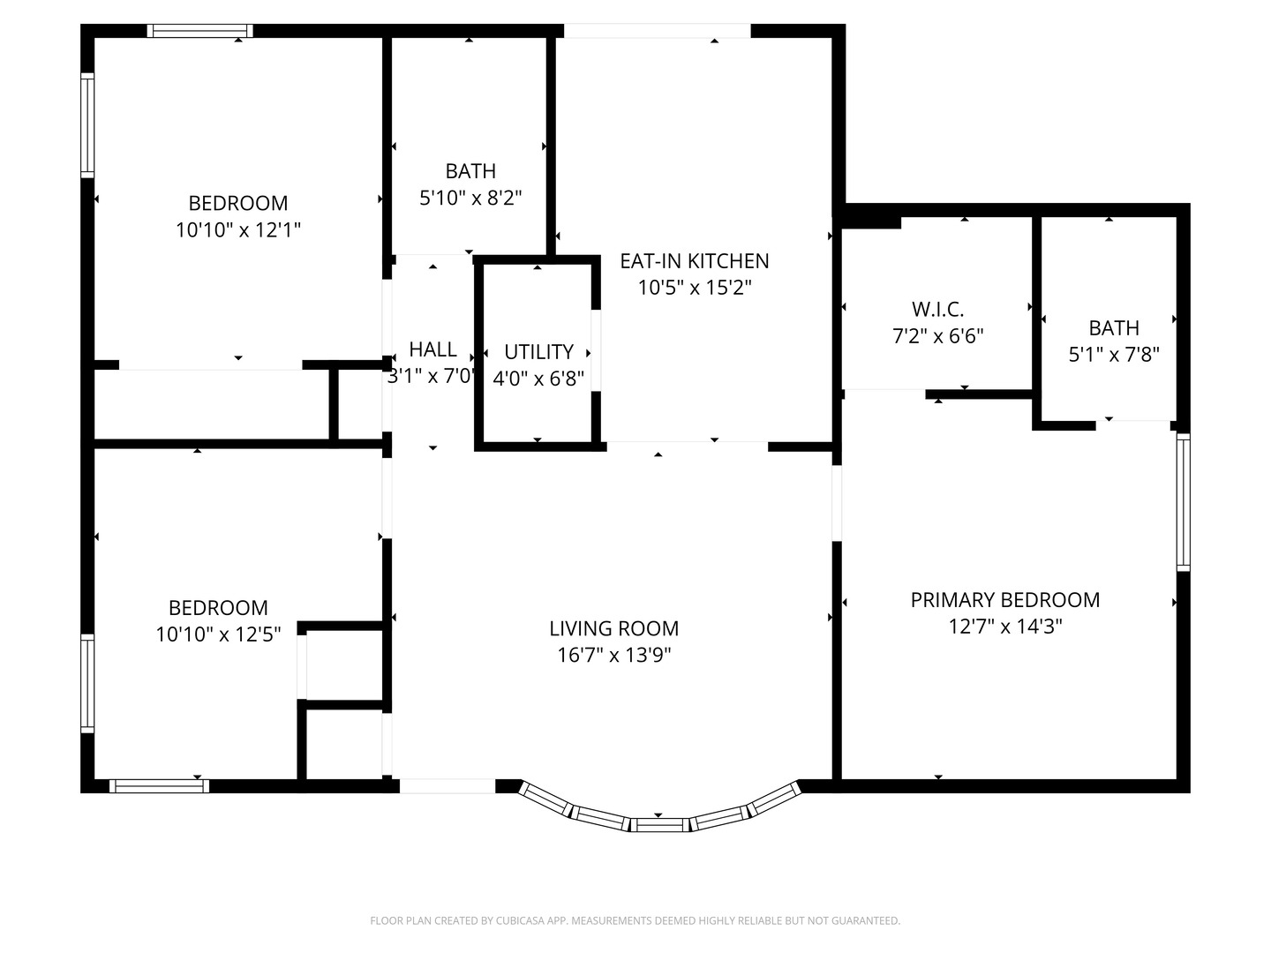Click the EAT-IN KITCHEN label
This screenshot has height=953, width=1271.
click(x=695, y=261)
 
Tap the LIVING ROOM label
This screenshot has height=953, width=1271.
click(x=613, y=628)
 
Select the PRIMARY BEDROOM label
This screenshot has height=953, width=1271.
click(x=1005, y=600)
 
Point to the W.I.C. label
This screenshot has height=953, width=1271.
click(x=938, y=310)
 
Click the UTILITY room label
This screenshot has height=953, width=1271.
click(x=538, y=352)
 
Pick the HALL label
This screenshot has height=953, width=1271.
click(x=433, y=349)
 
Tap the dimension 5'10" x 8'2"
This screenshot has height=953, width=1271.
click(x=470, y=198)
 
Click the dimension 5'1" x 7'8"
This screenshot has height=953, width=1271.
click(x=1114, y=354)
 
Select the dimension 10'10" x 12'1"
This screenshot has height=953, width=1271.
click(x=238, y=229)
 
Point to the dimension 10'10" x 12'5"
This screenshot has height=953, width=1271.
click(x=218, y=634)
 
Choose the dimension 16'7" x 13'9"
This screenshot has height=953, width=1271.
click(x=613, y=655)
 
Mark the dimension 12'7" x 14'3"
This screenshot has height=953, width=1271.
click(x=1005, y=627)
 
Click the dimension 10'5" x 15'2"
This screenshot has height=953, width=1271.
click(x=695, y=288)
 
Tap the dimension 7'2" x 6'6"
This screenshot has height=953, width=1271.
click(x=938, y=336)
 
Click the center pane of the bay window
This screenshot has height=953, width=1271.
click(x=659, y=825)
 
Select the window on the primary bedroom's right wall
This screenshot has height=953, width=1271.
click(x=1183, y=502)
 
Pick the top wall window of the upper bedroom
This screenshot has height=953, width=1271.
click(x=199, y=31)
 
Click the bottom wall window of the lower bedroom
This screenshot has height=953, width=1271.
click(x=159, y=785)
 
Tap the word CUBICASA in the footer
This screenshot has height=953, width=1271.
click(x=517, y=920)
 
